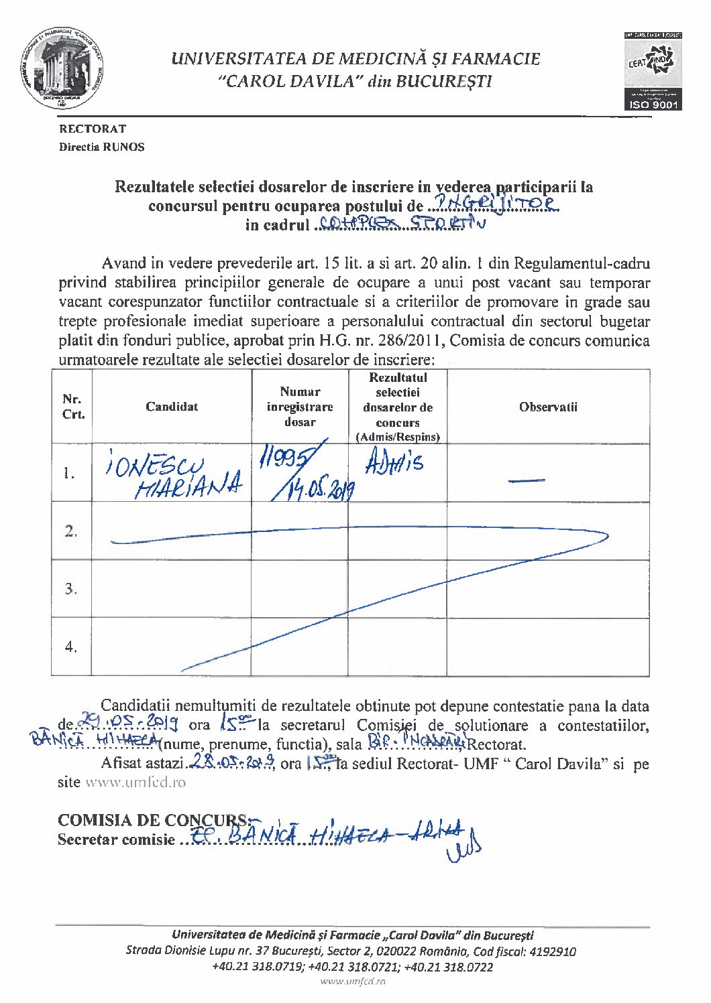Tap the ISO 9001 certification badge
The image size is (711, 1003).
click(x=653, y=70)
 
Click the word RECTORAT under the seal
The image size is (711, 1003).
click(x=93, y=129)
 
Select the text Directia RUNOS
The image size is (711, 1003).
click(x=101, y=147)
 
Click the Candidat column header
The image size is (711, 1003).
click(x=172, y=407)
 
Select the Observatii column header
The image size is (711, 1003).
click(x=548, y=407)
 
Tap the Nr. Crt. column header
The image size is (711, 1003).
click(x=72, y=407)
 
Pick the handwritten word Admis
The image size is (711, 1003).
click(x=395, y=462)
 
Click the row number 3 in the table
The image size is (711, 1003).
click(x=71, y=589)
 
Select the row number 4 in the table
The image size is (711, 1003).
click(x=71, y=647)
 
